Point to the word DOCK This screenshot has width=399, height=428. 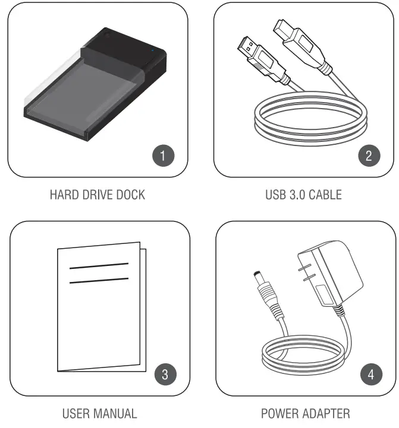pyautogui.click(x=129, y=195)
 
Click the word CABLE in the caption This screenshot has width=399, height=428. pyautogui.click(x=325, y=195)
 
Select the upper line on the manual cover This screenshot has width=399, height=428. pyautogui.click(x=99, y=266)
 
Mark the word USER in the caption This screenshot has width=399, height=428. pyautogui.click(x=77, y=413)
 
